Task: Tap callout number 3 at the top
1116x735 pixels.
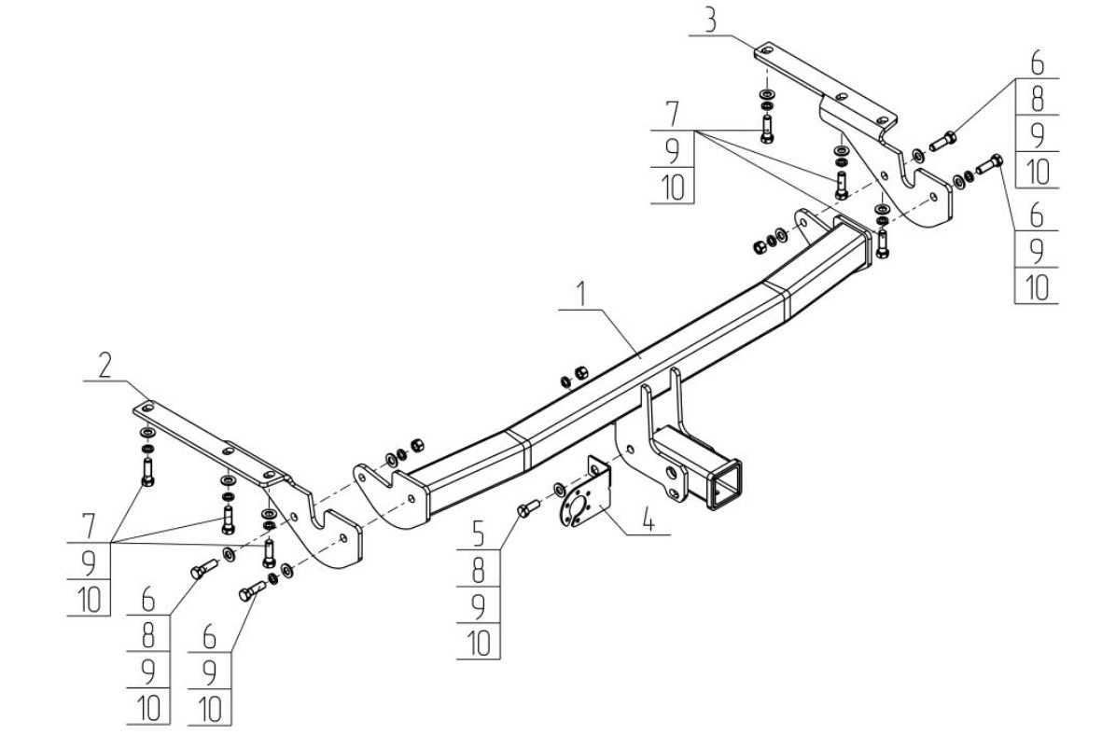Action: [712, 20]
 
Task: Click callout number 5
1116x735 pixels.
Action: [478, 536]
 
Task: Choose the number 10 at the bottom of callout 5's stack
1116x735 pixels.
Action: [478, 644]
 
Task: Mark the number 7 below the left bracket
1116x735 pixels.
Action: [89, 525]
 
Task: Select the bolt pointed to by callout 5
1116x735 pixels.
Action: [526, 508]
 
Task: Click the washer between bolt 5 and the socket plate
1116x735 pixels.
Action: [558, 488]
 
